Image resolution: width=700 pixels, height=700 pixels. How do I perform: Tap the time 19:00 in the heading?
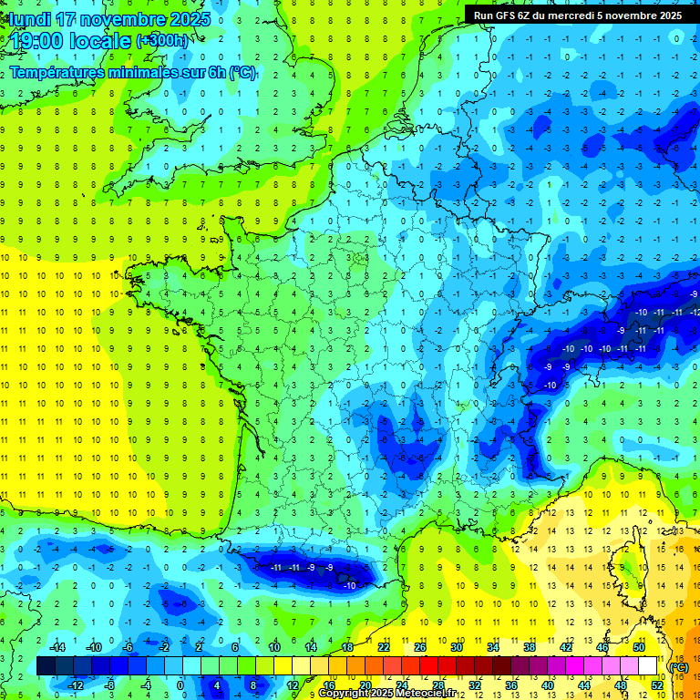tap(36, 41)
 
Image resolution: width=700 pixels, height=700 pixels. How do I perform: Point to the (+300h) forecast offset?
tap(163, 41)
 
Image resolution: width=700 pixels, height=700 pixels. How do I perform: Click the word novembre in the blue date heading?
tap(120, 19)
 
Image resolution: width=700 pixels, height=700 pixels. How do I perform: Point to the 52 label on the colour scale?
tap(657, 685)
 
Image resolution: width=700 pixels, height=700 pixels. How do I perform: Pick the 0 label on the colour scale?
tap(180, 685)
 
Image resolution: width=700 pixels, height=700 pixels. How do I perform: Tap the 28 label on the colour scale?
tap(437, 685)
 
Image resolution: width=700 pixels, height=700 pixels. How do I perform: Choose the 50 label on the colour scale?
tap(639, 647)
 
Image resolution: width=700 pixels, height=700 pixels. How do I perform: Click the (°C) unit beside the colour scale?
tap(679, 667)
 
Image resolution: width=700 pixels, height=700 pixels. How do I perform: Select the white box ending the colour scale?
tap(648, 666)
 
